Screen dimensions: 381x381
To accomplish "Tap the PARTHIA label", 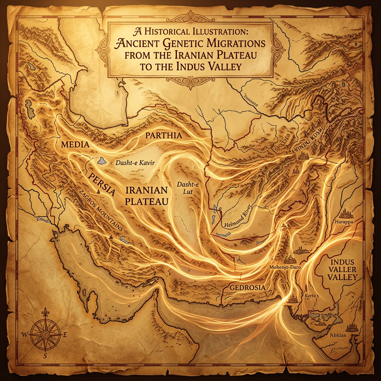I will [x=164, y=135].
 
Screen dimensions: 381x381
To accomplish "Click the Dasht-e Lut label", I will [x=185, y=189].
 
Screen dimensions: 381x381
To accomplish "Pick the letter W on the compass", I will [x=25, y=335].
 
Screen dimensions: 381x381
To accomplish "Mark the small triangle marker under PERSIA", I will [x=98, y=191].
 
